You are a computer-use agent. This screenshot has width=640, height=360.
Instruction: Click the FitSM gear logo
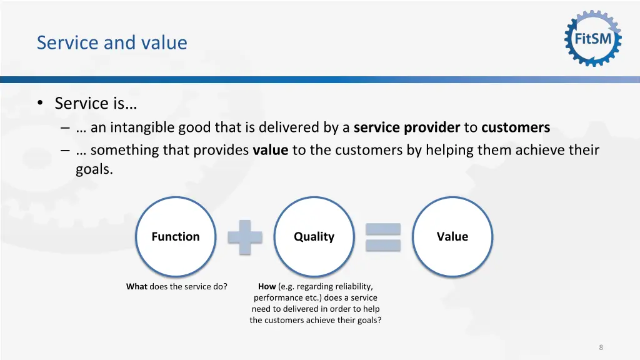click(593, 39)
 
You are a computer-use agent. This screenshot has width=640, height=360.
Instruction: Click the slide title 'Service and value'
click(112, 42)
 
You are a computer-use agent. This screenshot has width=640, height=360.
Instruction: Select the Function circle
click(176, 236)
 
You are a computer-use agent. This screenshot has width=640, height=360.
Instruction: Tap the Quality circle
click(314, 236)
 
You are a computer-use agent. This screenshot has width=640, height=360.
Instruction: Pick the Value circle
click(452, 236)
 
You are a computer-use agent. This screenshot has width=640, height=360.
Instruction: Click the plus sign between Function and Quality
click(244, 237)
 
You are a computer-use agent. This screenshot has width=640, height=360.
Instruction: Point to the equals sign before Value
click(382, 237)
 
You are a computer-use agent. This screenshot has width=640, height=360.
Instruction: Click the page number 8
click(601, 347)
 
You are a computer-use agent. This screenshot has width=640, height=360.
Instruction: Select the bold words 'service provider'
click(406, 128)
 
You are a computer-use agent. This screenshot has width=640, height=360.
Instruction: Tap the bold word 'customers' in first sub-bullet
click(516, 128)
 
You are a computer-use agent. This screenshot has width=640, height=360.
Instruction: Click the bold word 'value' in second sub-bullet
click(270, 151)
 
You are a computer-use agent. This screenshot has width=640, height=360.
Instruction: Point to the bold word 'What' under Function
click(136, 287)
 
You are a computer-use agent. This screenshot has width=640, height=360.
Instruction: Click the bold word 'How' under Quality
click(267, 287)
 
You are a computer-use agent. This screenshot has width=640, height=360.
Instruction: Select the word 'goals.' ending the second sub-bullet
click(94, 169)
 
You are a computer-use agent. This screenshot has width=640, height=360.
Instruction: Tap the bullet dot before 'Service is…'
click(40, 104)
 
